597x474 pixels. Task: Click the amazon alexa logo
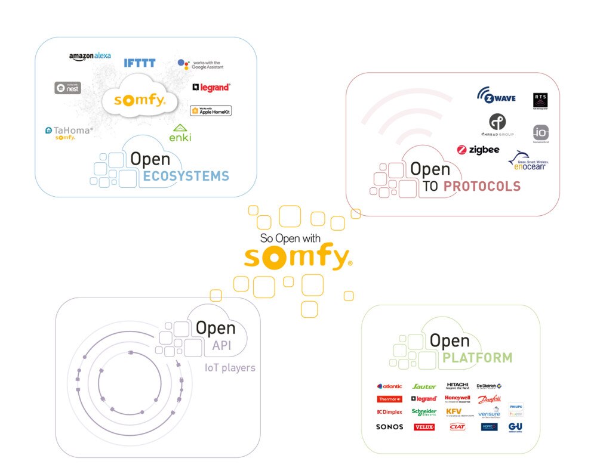tap(90, 57)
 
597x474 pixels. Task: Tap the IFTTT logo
tap(140, 63)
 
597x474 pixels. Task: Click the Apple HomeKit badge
tap(211, 110)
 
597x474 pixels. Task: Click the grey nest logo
tap(67, 88)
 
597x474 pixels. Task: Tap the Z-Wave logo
tap(496, 95)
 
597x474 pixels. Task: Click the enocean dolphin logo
tap(528, 162)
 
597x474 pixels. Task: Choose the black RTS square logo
tap(540, 100)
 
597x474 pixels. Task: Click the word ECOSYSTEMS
tap(186, 176)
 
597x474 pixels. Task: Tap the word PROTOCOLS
tap(482, 187)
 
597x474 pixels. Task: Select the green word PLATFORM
tap(477, 358)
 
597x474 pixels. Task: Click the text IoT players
tap(230, 367)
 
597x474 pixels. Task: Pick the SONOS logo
tap(389, 427)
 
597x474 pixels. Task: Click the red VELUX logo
tap(424, 427)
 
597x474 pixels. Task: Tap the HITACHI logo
tap(458, 385)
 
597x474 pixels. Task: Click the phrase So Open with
tap(291, 238)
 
